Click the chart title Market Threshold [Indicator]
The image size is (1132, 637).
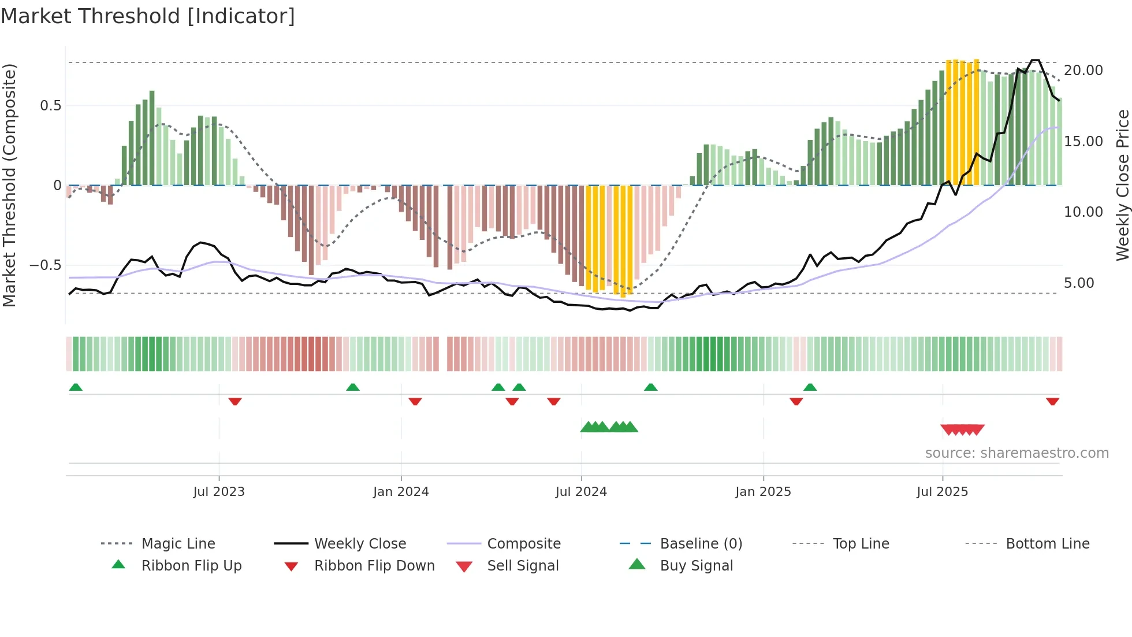click(148, 16)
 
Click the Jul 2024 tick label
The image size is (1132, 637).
click(581, 492)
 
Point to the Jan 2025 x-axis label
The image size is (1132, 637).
click(763, 492)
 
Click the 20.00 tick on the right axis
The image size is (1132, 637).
click(1083, 71)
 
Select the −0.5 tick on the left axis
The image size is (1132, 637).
click(45, 265)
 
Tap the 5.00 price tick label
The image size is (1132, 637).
click(1079, 283)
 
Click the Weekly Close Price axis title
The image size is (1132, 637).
click(1122, 185)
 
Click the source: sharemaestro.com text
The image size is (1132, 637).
click(1016, 453)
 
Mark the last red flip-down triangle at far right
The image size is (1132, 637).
click(1052, 401)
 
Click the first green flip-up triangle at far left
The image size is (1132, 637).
click(76, 387)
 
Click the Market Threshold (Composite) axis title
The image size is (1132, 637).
click(9, 185)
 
